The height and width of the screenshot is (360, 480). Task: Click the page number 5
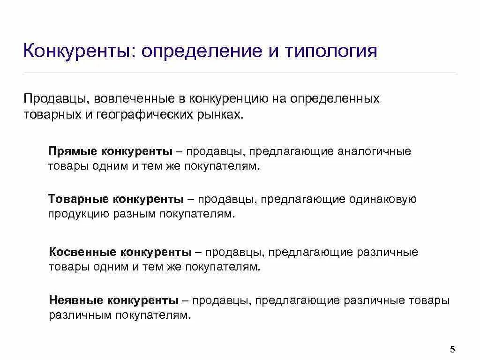point(452,349)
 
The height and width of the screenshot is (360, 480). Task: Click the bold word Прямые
point(72,151)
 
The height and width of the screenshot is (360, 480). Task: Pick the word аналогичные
point(375,151)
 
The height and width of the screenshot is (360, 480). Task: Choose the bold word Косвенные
point(82,252)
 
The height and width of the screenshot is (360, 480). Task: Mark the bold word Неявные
point(76,300)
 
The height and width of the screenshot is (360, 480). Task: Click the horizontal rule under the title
point(240,73)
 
